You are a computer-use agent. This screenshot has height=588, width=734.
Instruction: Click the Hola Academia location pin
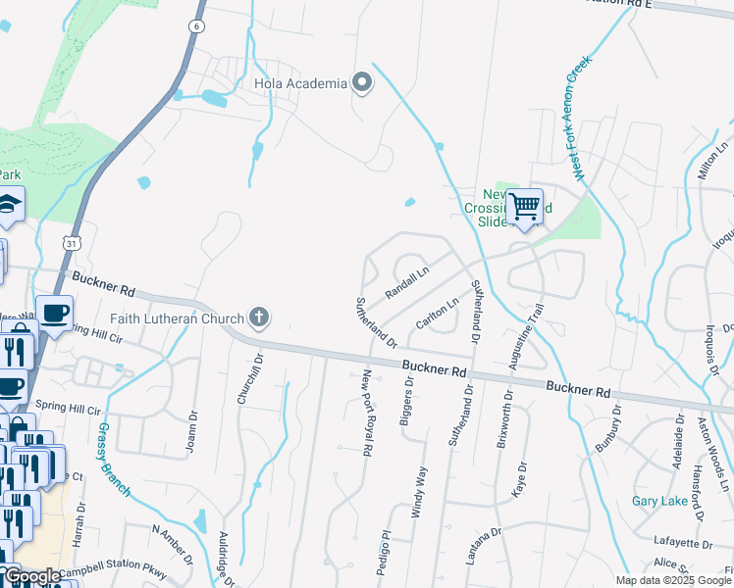362,83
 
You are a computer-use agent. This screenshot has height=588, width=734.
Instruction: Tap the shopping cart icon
525,207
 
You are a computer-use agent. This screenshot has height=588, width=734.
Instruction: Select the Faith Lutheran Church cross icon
259,317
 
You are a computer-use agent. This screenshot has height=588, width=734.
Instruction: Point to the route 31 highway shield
71,241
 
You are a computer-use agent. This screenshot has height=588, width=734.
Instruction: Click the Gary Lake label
658,501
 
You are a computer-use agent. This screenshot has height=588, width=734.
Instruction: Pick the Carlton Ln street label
437,314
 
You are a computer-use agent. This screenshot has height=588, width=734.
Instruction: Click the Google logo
32,576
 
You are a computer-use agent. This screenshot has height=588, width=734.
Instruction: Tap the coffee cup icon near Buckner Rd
55,314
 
